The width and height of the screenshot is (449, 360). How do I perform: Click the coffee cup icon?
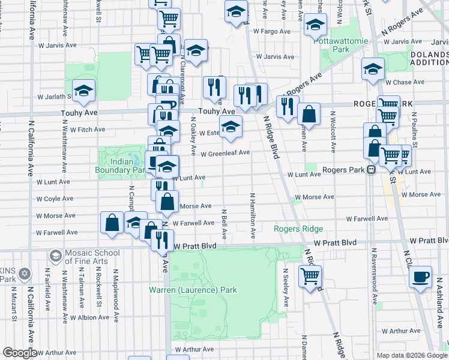421,276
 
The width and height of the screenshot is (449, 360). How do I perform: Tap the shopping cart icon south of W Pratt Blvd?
310,276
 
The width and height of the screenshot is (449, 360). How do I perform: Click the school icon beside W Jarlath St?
84,91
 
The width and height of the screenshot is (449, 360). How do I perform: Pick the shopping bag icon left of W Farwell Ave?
112,223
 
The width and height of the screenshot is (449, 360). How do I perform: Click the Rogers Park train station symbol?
371,170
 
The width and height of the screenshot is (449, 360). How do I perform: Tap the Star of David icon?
24,274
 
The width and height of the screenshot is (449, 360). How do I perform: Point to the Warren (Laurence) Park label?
193,290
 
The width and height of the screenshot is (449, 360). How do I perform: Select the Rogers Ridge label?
298,229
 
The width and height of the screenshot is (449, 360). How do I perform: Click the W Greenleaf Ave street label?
224,153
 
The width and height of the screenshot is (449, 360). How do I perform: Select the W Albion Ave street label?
89,317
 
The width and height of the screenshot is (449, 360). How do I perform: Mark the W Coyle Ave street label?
55,199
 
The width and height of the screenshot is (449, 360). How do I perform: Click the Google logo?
20,353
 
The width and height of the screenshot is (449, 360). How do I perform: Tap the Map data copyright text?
412,355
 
